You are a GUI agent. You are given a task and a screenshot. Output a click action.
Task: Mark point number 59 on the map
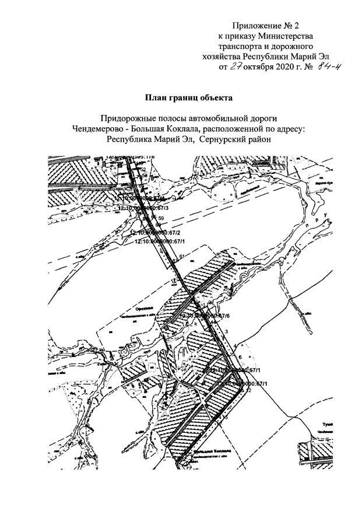pyautogui.click(x=161, y=218)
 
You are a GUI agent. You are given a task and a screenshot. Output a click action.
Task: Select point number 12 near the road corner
pyautogui.click(x=249, y=390)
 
